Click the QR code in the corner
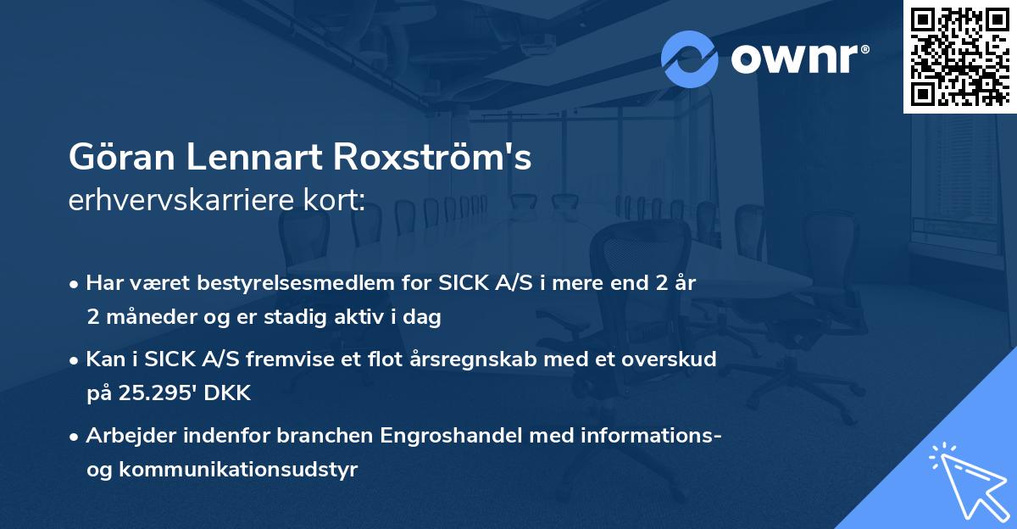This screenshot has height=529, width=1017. tap(960, 56)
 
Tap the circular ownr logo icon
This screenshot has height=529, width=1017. tap(690, 59)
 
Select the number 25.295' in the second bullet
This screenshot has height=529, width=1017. tap(151, 393)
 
